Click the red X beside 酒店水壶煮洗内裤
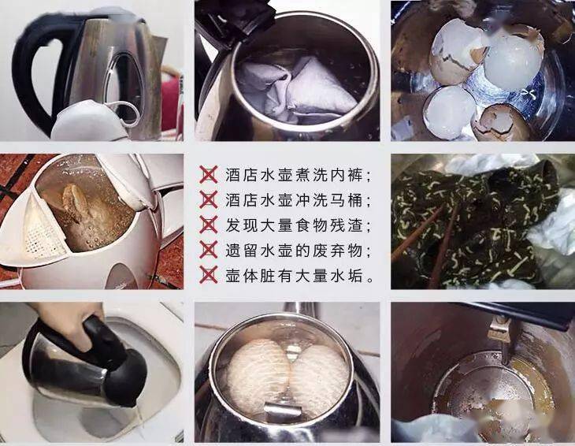[x=208, y=174]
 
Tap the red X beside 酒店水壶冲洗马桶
[x=208, y=199]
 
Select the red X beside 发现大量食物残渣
[x=208, y=225]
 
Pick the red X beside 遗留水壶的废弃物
[x=208, y=250]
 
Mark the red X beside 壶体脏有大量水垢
[x=208, y=275]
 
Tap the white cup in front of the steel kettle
[x=90, y=121]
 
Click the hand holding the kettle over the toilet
[x=69, y=322]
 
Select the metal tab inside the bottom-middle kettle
[x=283, y=411]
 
